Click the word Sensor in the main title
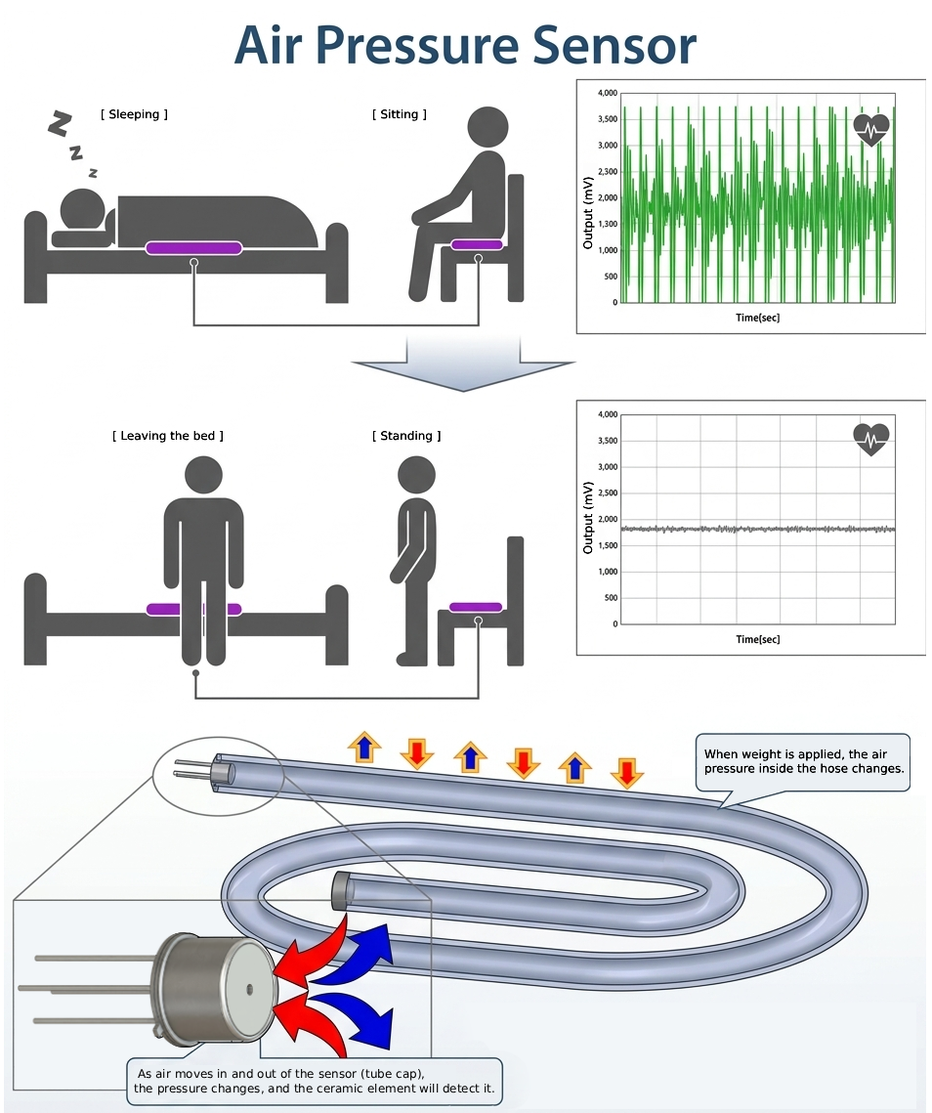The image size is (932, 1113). coord(614,45)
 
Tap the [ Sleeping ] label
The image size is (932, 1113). coord(134,114)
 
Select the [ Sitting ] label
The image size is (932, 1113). coord(400,114)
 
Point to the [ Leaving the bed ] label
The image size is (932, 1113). coord(167,436)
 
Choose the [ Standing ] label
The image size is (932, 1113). coord(406,436)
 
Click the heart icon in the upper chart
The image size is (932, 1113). coord(871,130)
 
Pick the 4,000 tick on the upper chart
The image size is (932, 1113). coord(608,93)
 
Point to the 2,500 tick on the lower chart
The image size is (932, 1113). coord(608,492)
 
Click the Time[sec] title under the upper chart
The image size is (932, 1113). coord(757,318)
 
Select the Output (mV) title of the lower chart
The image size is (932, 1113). coord(588,518)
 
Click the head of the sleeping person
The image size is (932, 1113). coord(82,210)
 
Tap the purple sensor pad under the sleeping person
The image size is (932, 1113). coord(193,248)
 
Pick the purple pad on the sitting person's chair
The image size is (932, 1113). coord(477,245)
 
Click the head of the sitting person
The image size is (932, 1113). coord(488,127)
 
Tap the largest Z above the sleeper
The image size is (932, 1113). coord(61,124)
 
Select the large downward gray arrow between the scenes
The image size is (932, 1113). coord(463,364)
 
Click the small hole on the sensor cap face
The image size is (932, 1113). coord(249,988)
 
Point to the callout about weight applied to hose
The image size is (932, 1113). coord(803,761)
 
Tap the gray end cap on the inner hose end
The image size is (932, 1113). coord(341,891)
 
